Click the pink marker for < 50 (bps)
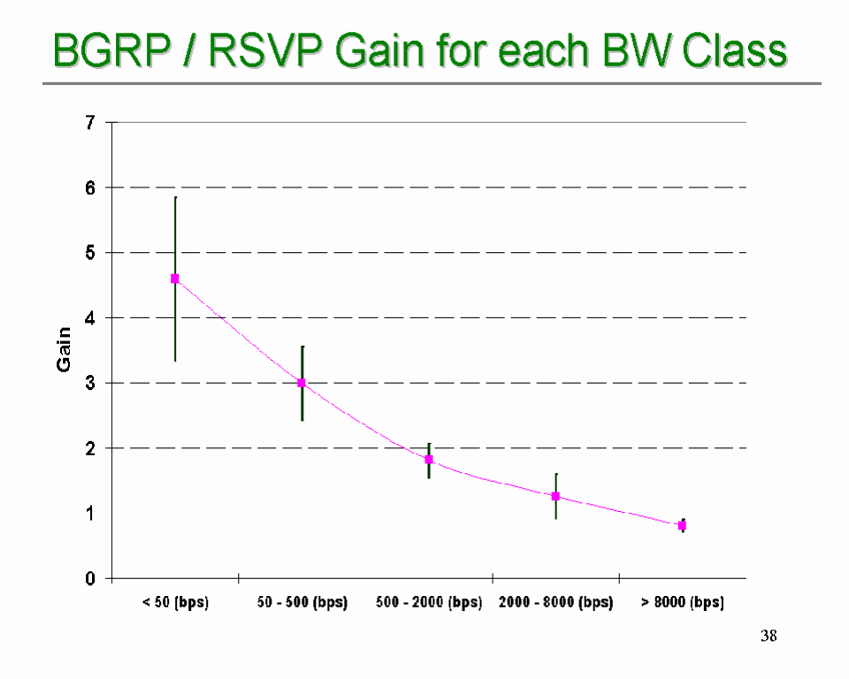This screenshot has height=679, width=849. pos(175,278)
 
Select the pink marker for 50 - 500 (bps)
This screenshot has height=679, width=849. pos(302,383)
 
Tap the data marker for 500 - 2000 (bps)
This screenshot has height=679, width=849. pos(429,460)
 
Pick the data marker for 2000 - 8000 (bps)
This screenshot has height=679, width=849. pos(555,496)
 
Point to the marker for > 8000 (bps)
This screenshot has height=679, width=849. pos(682,525)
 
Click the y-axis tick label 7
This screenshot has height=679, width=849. pos(90,123)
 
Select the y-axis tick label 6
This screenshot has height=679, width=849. pos(90,187)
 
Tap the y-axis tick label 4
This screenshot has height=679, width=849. pos(90,318)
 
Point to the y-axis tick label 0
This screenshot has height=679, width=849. pos(90,579)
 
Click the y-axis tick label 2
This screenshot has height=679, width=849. pos(90,448)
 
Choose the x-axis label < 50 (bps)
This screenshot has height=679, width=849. pos(175,603)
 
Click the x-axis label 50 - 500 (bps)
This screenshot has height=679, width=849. pos(302,603)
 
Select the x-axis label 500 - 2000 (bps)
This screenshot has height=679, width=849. pos(429,603)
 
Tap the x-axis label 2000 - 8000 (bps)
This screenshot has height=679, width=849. pos(555,603)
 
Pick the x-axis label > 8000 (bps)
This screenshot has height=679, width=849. pos(682,603)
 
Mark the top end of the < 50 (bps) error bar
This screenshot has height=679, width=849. pos(175,198)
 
